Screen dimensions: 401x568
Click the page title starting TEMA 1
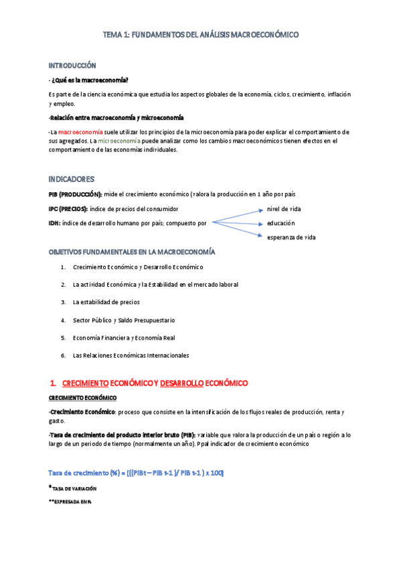[x=201, y=33]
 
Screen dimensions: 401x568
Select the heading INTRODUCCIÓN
[x=72, y=66]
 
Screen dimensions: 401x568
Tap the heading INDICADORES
[x=72, y=179]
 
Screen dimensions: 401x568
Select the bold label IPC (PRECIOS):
[x=68, y=209]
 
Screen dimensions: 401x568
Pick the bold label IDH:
[x=56, y=223]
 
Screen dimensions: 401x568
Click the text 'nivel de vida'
[x=284, y=209]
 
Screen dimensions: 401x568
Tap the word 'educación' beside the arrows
[x=280, y=223]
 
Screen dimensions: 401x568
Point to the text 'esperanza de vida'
[x=291, y=237]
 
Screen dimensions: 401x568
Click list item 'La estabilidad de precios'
[x=106, y=302]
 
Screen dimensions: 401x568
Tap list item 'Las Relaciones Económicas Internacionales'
[x=131, y=356]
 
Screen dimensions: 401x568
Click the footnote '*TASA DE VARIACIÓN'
[x=74, y=489]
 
